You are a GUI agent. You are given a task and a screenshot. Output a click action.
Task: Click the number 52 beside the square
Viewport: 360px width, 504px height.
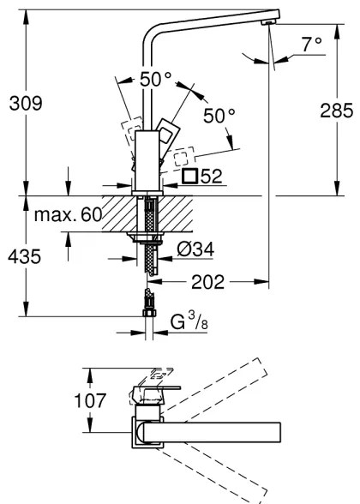(x=213, y=177)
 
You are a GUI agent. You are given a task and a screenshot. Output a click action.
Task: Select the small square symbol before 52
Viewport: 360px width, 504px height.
(x=189, y=177)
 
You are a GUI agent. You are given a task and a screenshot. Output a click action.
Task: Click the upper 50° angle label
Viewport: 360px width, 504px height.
(x=156, y=80)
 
